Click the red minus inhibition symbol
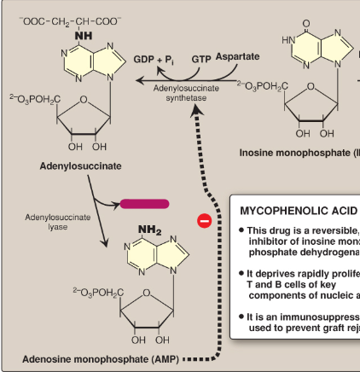[x=204, y=221]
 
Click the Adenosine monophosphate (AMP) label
[x=100, y=358]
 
